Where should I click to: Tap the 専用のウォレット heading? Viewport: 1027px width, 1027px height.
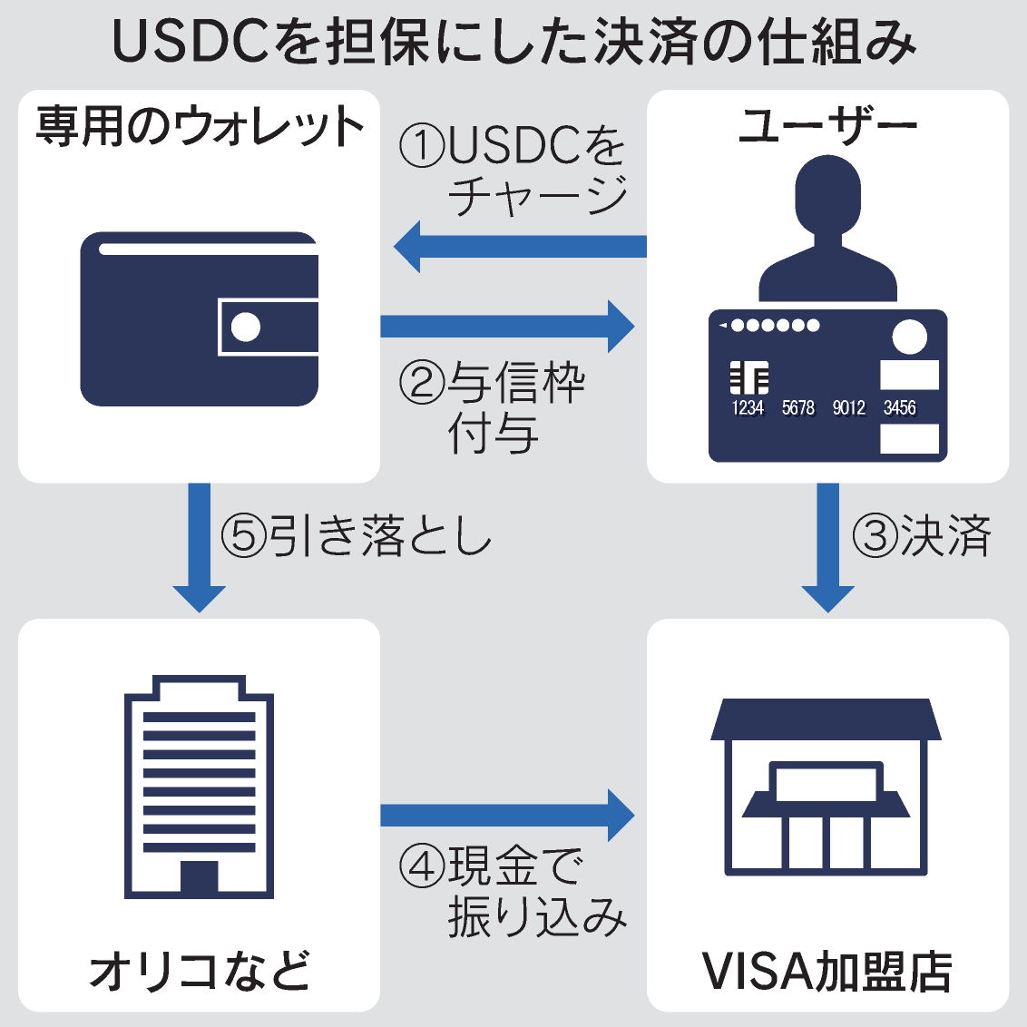(x=200, y=127)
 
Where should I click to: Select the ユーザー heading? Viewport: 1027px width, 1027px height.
(x=827, y=127)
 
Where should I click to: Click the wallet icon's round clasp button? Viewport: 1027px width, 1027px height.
(x=245, y=327)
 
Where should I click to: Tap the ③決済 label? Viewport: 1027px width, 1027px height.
(x=922, y=536)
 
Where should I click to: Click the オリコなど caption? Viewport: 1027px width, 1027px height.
(x=200, y=971)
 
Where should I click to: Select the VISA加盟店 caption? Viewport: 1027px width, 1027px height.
(x=827, y=971)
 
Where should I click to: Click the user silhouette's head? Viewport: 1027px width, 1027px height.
(x=827, y=195)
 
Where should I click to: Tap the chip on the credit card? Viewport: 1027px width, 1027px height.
(x=749, y=377)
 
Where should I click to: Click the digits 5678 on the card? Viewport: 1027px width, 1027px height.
(x=798, y=408)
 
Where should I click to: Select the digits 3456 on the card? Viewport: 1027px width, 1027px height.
(x=900, y=408)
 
